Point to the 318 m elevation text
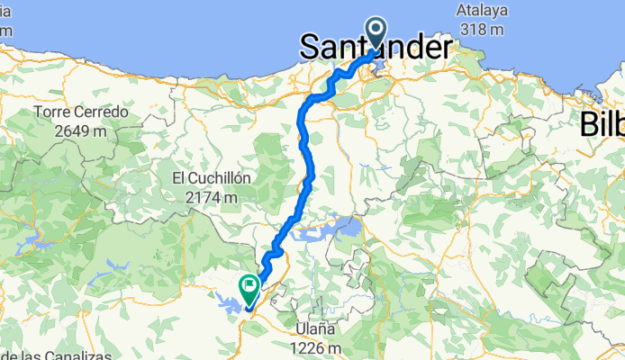tap(480, 29)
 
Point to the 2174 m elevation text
tap(211, 196)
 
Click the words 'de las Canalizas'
tap(63, 355)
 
